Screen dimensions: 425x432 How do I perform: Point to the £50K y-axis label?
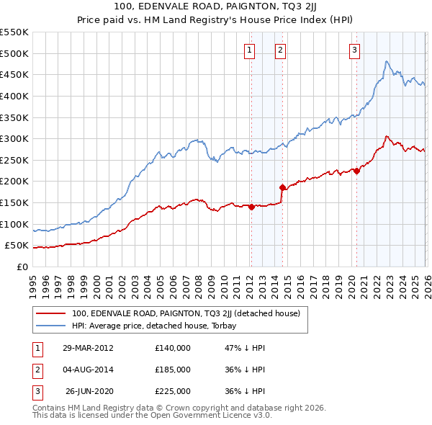point(16,246)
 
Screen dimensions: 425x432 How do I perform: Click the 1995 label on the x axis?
point(32,279)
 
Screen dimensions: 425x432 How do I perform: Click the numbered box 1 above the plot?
point(248,50)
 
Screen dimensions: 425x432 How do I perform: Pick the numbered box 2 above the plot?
point(279,50)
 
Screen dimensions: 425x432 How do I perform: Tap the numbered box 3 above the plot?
point(355,50)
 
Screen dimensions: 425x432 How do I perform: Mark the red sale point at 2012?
point(251,207)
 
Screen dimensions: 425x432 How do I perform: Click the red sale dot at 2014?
point(282,187)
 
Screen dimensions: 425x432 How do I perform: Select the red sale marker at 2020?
point(357,171)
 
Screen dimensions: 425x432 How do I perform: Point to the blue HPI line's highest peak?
point(387,62)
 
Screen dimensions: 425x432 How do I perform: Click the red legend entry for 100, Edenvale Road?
point(190,313)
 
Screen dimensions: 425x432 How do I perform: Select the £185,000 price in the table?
point(173,370)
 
